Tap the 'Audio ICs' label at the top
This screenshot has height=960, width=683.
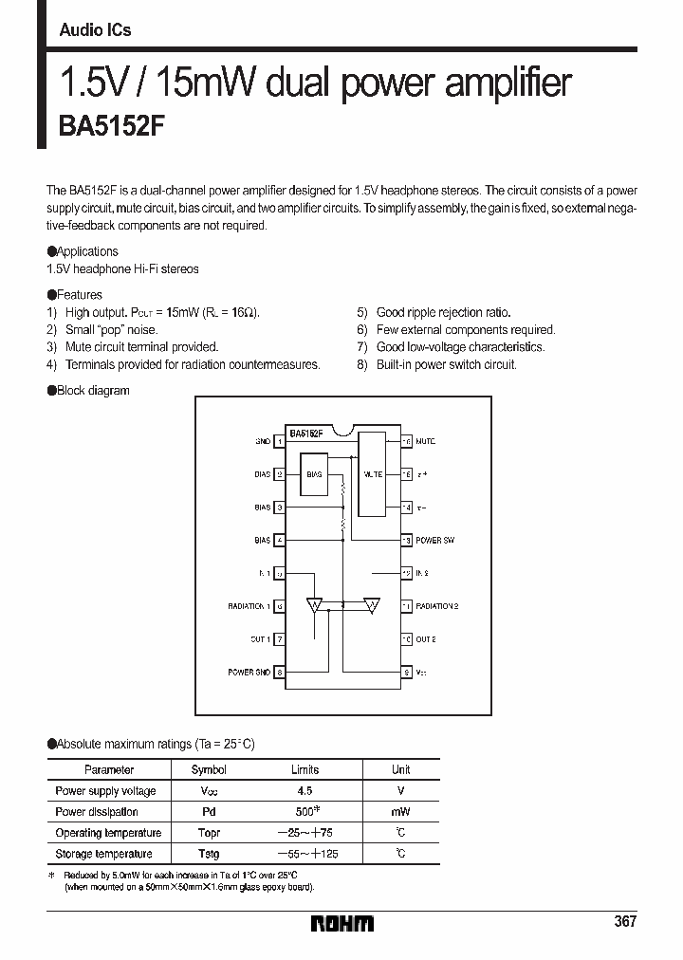pos(95,30)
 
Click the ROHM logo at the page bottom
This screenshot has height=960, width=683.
pos(342,922)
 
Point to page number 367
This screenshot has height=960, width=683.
pos(624,921)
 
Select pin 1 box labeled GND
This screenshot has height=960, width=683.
pos(280,441)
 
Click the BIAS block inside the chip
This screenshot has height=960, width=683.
pos(314,473)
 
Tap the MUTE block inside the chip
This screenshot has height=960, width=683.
pos(373,473)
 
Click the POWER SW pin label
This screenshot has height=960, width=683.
pos(434,541)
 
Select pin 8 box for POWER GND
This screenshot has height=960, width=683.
pos(280,672)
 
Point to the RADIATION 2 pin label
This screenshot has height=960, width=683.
pos(437,606)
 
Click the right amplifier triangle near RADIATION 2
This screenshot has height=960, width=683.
pos(372,605)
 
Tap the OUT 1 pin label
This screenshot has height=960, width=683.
pos(260,639)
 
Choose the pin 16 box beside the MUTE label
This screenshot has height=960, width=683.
pos(407,441)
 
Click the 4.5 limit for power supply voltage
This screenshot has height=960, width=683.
pos(304,790)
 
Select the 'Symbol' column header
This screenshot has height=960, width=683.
pos(209,769)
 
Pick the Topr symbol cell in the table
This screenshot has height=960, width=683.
pos(209,833)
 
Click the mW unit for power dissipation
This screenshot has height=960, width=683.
pos(400,812)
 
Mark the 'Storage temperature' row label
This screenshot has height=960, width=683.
pos(103,854)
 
